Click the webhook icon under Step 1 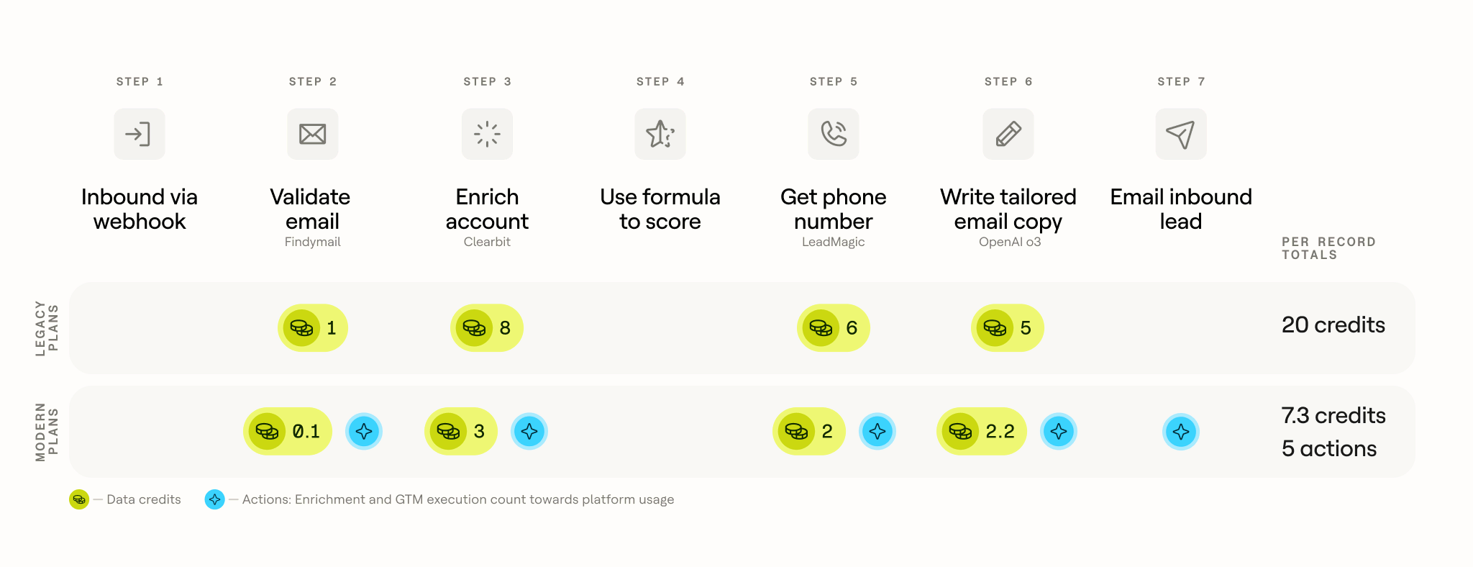tap(140, 134)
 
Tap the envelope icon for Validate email tap(313, 134)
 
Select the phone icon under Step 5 tap(834, 134)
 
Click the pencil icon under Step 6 tap(1008, 134)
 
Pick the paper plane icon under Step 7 tap(1181, 134)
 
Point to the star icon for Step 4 tap(660, 134)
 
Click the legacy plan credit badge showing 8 tap(487, 328)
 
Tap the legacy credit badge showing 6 tap(834, 328)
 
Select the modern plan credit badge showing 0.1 tap(288, 432)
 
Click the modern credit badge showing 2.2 tap(982, 432)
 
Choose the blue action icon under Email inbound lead tap(1181, 432)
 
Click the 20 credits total tap(1333, 325)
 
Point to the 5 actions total tap(1329, 449)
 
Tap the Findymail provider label tap(313, 242)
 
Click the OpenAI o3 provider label tap(1010, 242)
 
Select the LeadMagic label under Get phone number tap(834, 242)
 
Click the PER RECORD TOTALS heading tap(1328, 248)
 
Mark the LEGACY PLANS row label tap(47, 328)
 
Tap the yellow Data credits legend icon tap(79, 499)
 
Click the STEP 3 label tap(488, 82)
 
